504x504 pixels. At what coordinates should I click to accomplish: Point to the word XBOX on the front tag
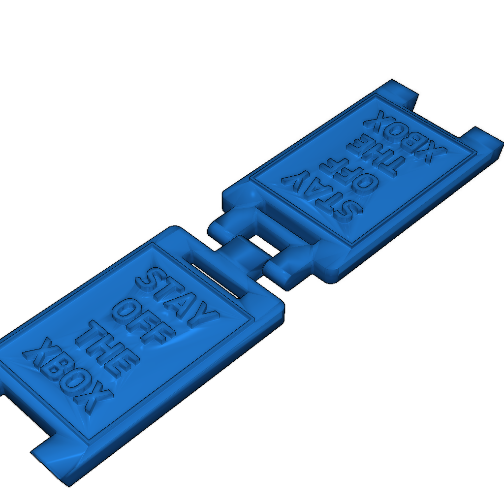(x=67, y=376)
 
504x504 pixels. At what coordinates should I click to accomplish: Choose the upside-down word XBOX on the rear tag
(x=405, y=136)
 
